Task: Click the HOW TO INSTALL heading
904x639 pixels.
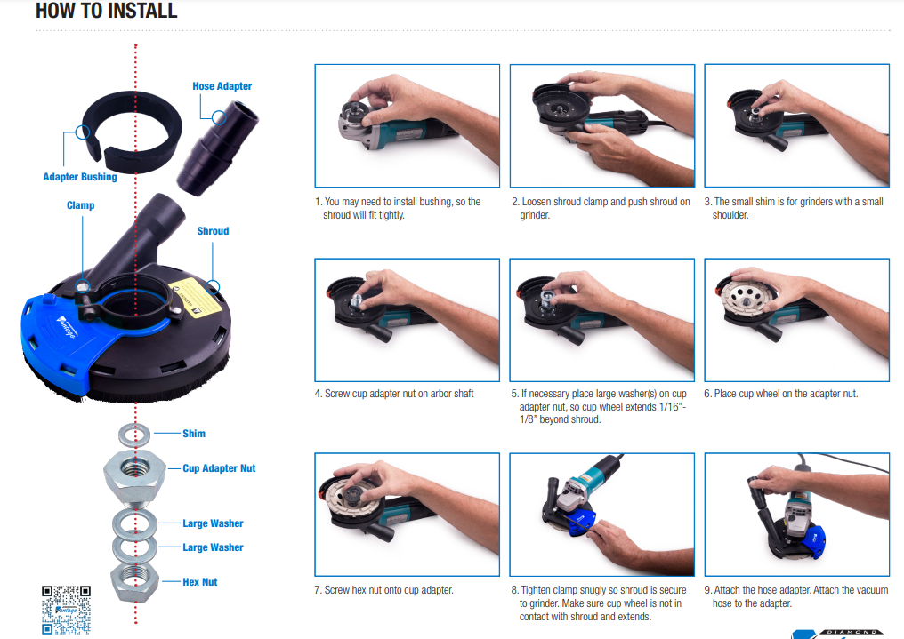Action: pyautogui.click(x=107, y=11)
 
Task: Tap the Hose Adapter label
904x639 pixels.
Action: pyautogui.click(x=222, y=86)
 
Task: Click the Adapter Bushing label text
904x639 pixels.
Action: pyautogui.click(x=80, y=177)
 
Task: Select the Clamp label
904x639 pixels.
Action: pyautogui.click(x=80, y=205)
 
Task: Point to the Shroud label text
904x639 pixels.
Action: pyautogui.click(x=213, y=231)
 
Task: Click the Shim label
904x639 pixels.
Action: pyautogui.click(x=194, y=434)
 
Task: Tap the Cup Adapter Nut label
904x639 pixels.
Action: pyautogui.click(x=219, y=468)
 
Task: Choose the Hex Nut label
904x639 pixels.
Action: pyautogui.click(x=200, y=582)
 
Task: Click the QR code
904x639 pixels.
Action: pyautogui.click(x=67, y=610)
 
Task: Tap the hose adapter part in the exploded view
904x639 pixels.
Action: pyautogui.click(x=218, y=148)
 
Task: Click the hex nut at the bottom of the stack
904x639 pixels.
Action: pyautogui.click(x=134, y=582)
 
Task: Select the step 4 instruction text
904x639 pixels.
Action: pyautogui.click(x=394, y=394)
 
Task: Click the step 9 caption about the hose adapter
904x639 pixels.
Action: pyautogui.click(x=796, y=596)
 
